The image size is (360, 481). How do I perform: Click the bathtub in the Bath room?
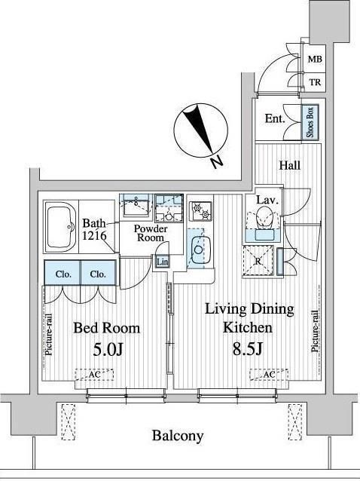[x=61, y=227]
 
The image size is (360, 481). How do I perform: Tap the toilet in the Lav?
[x=264, y=217]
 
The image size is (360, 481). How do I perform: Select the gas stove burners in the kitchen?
[x=200, y=210]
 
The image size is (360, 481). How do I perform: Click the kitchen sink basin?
[x=199, y=250]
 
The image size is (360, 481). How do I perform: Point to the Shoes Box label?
[x=310, y=122]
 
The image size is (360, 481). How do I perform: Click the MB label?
[x=315, y=60]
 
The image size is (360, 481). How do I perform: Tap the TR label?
[x=315, y=82]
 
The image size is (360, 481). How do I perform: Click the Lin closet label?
[x=162, y=262]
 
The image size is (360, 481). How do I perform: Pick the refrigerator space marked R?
[x=258, y=262]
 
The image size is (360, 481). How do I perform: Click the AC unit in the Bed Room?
[x=94, y=375]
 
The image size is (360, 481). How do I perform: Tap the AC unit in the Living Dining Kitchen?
[x=269, y=375]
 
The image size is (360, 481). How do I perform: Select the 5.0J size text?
[x=108, y=349]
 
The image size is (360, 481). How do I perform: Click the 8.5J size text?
[x=247, y=348]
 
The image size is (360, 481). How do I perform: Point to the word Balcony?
[x=178, y=436]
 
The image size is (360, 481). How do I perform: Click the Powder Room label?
[x=151, y=233]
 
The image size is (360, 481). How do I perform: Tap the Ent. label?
[x=275, y=119]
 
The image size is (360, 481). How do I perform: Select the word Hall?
[x=289, y=166]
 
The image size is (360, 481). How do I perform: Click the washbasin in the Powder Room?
[x=136, y=205]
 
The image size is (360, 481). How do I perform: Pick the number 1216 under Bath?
[x=94, y=235]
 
